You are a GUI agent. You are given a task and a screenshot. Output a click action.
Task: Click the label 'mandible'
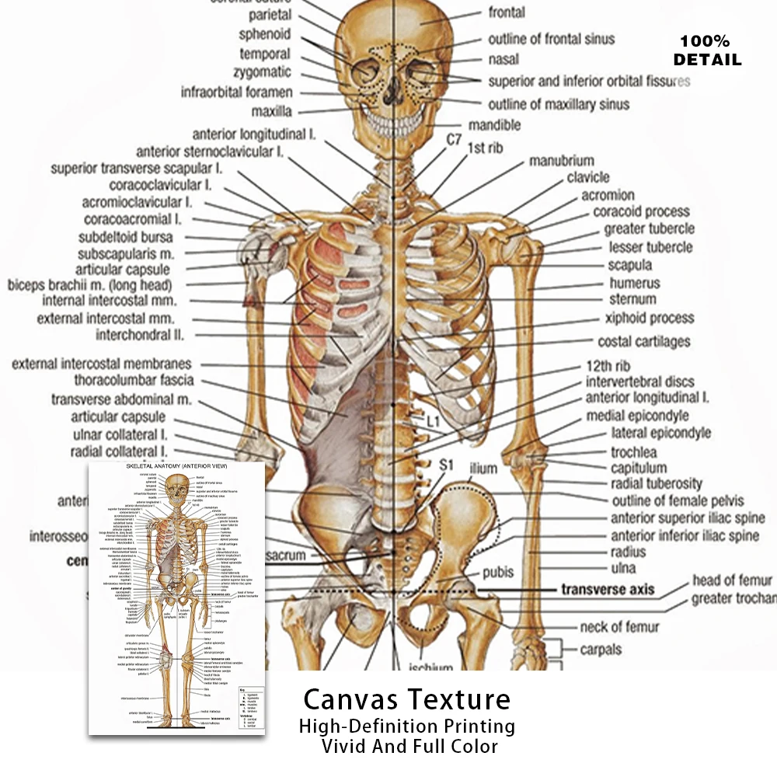click(494, 125)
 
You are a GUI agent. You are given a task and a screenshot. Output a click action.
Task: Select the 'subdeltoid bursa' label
click(126, 237)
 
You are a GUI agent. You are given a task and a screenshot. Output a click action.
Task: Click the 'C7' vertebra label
click(455, 140)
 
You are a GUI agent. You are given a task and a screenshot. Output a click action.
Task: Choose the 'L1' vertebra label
click(434, 422)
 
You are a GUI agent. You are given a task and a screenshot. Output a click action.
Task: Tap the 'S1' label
click(446, 465)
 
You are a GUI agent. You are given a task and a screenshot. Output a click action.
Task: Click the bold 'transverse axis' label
click(608, 590)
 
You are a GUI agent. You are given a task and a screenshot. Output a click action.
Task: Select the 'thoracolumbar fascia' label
click(134, 381)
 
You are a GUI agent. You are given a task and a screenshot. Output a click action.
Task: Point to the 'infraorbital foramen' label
click(237, 92)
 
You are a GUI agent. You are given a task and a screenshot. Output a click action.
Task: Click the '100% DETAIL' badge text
click(707, 51)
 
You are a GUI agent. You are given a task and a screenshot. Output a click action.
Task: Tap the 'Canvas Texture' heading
click(406, 699)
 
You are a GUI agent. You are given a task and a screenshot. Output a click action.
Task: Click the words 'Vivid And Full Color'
click(409, 747)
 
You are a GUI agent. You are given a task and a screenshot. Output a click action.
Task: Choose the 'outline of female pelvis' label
click(678, 501)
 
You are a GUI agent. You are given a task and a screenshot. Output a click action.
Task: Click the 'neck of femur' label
click(619, 626)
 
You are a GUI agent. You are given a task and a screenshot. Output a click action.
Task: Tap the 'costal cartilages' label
click(643, 342)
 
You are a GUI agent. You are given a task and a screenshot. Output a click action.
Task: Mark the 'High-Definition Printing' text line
click(407, 726)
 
